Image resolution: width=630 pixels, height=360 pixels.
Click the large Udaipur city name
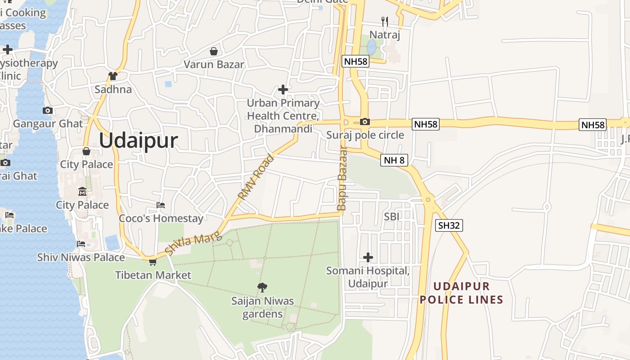[x=138, y=141]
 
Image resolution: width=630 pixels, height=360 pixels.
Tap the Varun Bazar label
[x=214, y=64]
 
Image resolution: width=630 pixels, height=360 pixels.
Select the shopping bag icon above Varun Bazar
[x=214, y=51]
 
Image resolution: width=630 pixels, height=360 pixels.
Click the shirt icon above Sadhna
[x=112, y=76]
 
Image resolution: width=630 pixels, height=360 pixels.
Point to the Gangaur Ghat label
[x=48, y=124]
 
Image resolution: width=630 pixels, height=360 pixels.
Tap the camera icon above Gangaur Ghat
[x=48, y=111]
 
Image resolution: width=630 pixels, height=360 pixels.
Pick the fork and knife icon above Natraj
[x=384, y=21]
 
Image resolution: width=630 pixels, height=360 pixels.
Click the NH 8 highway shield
[x=394, y=160]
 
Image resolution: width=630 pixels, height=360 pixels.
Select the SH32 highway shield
[x=449, y=225]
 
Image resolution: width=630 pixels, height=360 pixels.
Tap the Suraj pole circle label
[x=365, y=135]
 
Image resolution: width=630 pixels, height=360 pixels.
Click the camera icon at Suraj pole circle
[x=365, y=121]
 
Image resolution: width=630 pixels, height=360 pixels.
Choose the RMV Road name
[x=256, y=177]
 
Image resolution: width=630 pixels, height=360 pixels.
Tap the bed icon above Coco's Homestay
[x=161, y=205]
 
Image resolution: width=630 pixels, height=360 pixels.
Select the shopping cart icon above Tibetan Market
[x=153, y=262]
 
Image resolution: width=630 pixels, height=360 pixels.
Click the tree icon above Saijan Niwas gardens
[x=262, y=287]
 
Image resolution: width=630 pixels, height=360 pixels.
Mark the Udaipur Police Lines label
[x=461, y=293]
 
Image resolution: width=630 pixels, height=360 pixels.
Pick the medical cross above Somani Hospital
[x=368, y=257]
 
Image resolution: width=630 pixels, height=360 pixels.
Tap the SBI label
[x=391, y=217]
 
